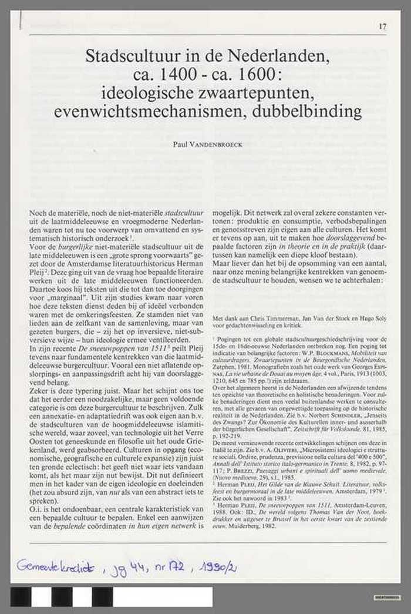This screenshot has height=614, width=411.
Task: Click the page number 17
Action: point(382,26)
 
